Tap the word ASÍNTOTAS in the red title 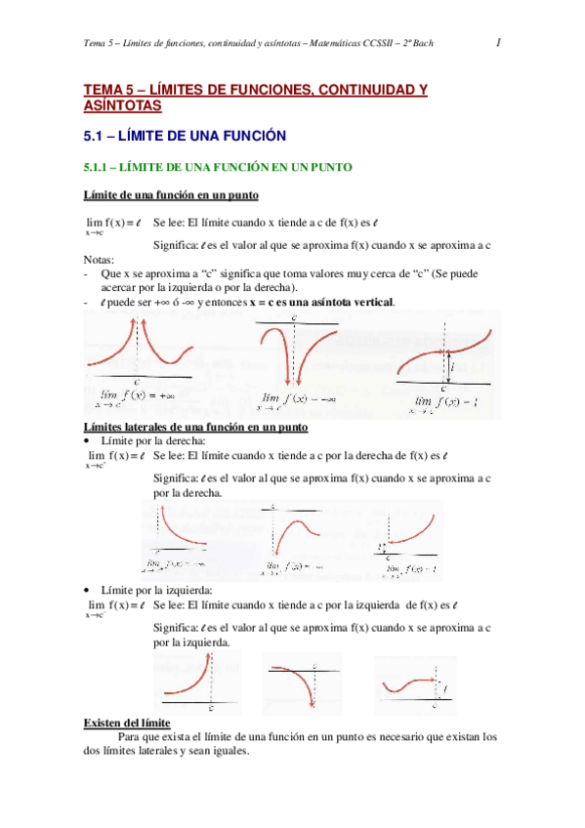[123, 105]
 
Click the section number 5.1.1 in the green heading [102, 168]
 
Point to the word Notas [99, 260]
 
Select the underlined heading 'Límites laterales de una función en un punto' [196, 428]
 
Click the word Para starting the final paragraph [131, 737]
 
